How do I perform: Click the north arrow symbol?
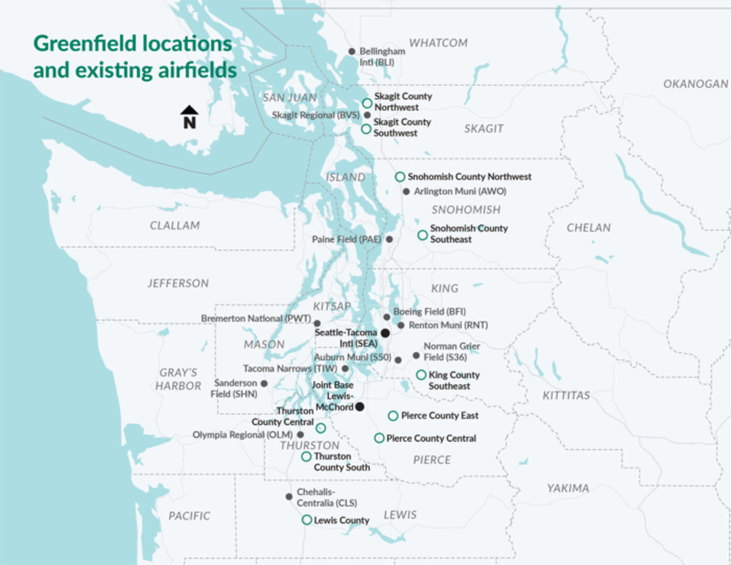tap(189, 117)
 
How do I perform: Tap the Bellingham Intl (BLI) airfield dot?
tap(352, 51)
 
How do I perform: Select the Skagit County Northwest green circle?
tap(367, 103)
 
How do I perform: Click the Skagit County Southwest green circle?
tap(366, 129)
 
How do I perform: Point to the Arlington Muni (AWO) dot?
tap(406, 191)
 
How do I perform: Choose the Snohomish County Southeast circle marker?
tap(422, 235)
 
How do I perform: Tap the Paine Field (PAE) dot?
tap(389, 239)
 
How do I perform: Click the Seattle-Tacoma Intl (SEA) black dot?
tap(385, 333)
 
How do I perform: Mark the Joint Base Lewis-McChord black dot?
tap(360, 406)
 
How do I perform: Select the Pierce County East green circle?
tap(393, 416)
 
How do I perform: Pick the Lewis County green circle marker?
tap(307, 520)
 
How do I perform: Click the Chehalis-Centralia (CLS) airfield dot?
tap(289, 496)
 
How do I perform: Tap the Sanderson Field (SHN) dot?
tap(264, 383)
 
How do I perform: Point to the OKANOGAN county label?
tap(695, 84)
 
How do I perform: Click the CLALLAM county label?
tap(175, 226)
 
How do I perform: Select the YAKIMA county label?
tap(568, 488)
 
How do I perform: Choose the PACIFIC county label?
tap(189, 516)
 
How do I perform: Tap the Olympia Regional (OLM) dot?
tap(300, 435)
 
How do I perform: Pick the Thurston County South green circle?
tap(306, 456)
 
